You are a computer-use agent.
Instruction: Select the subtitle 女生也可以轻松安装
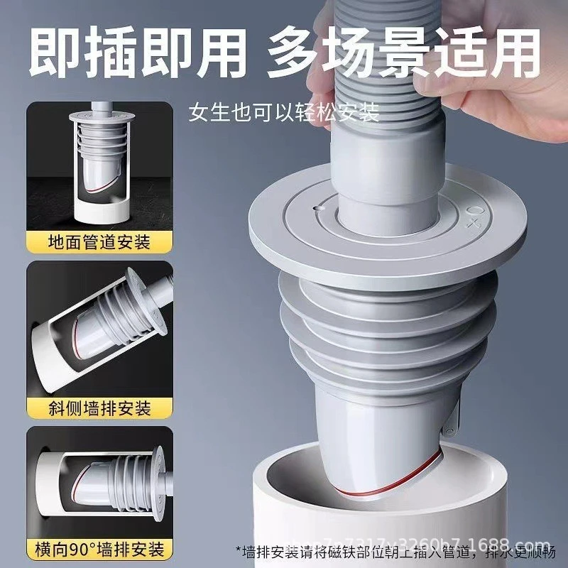pos(284,111)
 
